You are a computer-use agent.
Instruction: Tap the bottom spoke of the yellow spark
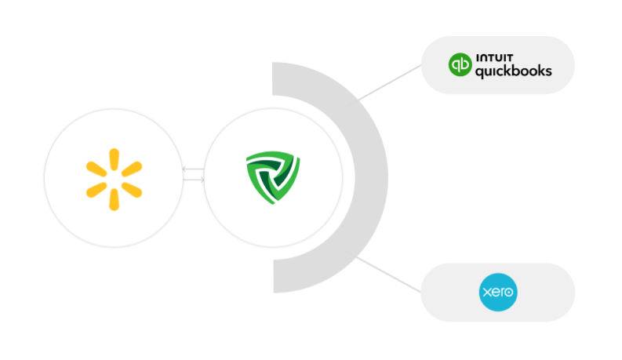(114, 199)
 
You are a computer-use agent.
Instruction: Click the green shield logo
(273, 179)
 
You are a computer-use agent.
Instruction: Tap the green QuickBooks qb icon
(460, 65)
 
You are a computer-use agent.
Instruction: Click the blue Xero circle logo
(498, 292)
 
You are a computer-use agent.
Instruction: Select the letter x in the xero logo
(486, 293)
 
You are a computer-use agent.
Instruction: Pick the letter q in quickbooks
(480, 73)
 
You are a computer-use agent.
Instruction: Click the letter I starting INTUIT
(477, 57)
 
